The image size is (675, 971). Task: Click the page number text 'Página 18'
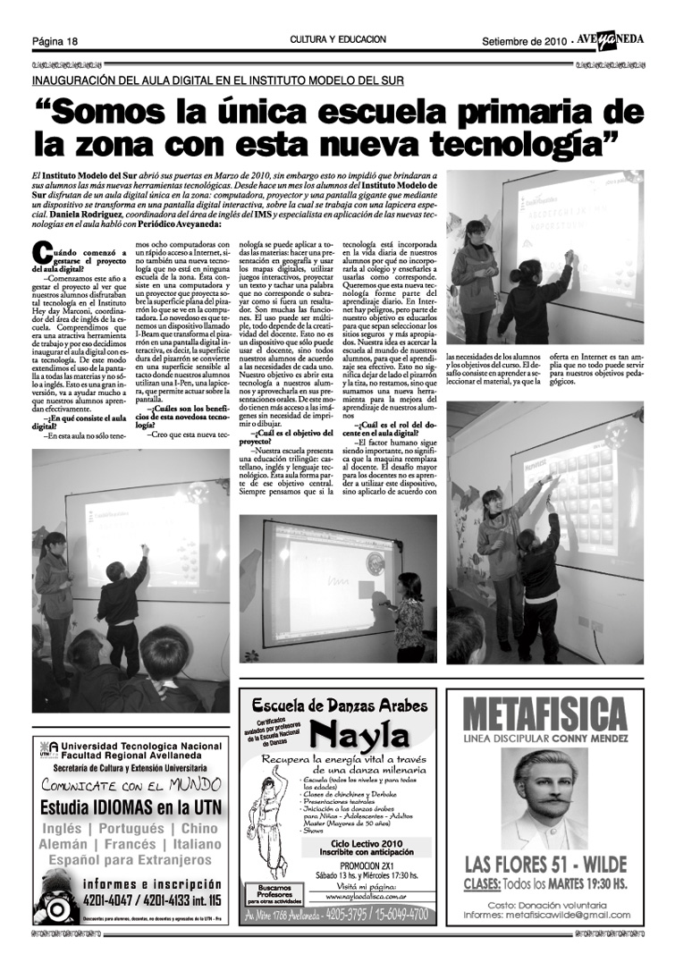point(55,41)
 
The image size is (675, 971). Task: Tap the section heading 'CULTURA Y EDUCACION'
point(338,40)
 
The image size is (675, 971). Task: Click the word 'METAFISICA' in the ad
point(544,715)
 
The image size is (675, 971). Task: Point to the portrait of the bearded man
point(544,798)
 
